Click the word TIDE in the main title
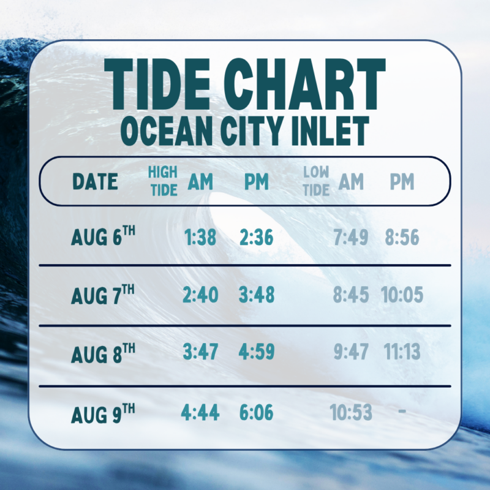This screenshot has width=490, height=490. (157, 84)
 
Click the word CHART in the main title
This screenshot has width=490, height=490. (304, 84)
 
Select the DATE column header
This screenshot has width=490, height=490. (95, 181)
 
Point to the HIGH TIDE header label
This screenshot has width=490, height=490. (163, 181)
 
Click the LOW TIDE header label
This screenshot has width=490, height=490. (316, 181)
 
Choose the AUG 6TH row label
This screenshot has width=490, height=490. (103, 235)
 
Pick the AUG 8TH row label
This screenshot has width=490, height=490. (103, 353)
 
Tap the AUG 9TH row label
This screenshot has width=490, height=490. (103, 413)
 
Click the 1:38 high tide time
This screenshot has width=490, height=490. (200, 237)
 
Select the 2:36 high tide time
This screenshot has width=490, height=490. (257, 237)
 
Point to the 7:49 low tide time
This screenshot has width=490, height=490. (351, 237)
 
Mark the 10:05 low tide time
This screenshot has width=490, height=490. (402, 295)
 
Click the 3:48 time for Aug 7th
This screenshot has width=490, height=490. (257, 295)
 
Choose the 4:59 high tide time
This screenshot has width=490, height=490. (257, 352)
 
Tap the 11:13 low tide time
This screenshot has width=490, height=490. (402, 352)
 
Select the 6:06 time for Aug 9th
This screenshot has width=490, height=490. (257, 412)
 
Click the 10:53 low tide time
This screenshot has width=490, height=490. (351, 412)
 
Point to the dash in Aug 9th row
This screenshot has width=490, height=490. (402, 411)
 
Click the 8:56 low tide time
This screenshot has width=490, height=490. (402, 237)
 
